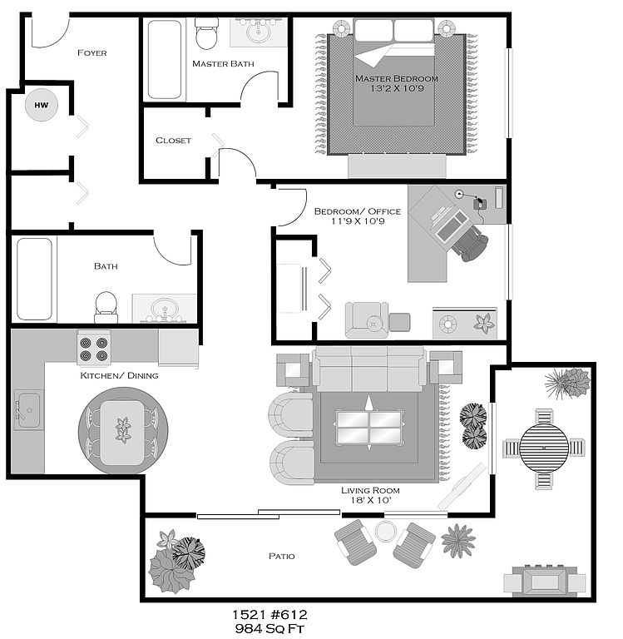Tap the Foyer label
pyautogui.click(x=91, y=53)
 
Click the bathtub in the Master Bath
pyautogui.click(x=165, y=59)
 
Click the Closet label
pyautogui.click(x=173, y=140)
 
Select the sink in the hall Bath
pyautogui.click(x=164, y=310)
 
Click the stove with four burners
pyautogui.click(x=94, y=349)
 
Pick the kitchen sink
pyautogui.click(x=27, y=408)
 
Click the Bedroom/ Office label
pyautogui.click(x=357, y=211)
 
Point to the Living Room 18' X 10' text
pyautogui.click(x=366, y=496)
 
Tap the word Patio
pyautogui.click(x=281, y=556)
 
